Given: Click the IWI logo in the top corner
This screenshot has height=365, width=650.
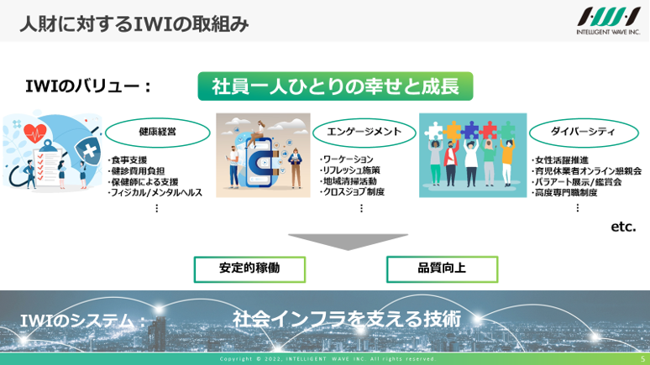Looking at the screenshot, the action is point(609,21).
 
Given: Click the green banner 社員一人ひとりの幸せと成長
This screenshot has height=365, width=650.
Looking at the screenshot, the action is point(335,86).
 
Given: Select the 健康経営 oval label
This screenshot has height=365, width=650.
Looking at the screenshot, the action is point(158,133).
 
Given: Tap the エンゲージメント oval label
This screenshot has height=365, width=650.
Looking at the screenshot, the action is point(364,133).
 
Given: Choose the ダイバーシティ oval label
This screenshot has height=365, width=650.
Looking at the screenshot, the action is point(584,133).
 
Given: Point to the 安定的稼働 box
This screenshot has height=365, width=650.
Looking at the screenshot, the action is point(249,269).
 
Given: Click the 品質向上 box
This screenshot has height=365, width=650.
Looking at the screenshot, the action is point(442,269).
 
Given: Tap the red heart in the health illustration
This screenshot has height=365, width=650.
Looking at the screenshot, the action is point(34,133).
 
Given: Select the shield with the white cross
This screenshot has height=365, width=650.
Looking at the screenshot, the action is point(88,150).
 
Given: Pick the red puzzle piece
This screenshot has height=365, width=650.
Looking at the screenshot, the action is point(488,130).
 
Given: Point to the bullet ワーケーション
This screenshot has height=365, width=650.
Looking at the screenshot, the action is point(347,159).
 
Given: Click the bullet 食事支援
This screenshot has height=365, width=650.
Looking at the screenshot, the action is point(128,160).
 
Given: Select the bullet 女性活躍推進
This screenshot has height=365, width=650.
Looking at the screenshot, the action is point(560,160).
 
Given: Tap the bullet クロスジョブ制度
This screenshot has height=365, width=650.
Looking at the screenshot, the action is point(352,192).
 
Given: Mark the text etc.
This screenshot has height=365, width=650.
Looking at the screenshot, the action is point(623,227).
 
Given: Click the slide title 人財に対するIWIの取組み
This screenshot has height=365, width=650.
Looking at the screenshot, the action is point(134,23).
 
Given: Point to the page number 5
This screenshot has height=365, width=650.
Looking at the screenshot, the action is point(643,359).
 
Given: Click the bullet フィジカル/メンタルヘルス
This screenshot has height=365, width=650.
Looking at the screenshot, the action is point(155,193).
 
